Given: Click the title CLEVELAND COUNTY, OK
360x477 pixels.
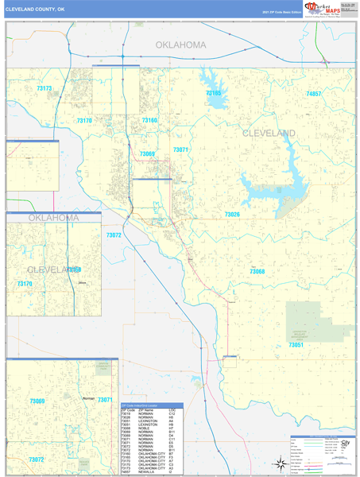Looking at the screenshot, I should click(36, 7).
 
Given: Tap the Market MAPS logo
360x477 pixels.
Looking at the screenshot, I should click(319, 8).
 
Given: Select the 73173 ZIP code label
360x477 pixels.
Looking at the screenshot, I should click(44, 89).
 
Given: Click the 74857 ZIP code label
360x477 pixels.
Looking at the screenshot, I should click(313, 94).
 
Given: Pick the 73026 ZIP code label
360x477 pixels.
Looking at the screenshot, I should click(232, 215).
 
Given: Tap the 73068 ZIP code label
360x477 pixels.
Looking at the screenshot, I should click(257, 272).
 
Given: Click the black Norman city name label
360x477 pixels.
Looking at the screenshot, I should click(89, 398).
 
